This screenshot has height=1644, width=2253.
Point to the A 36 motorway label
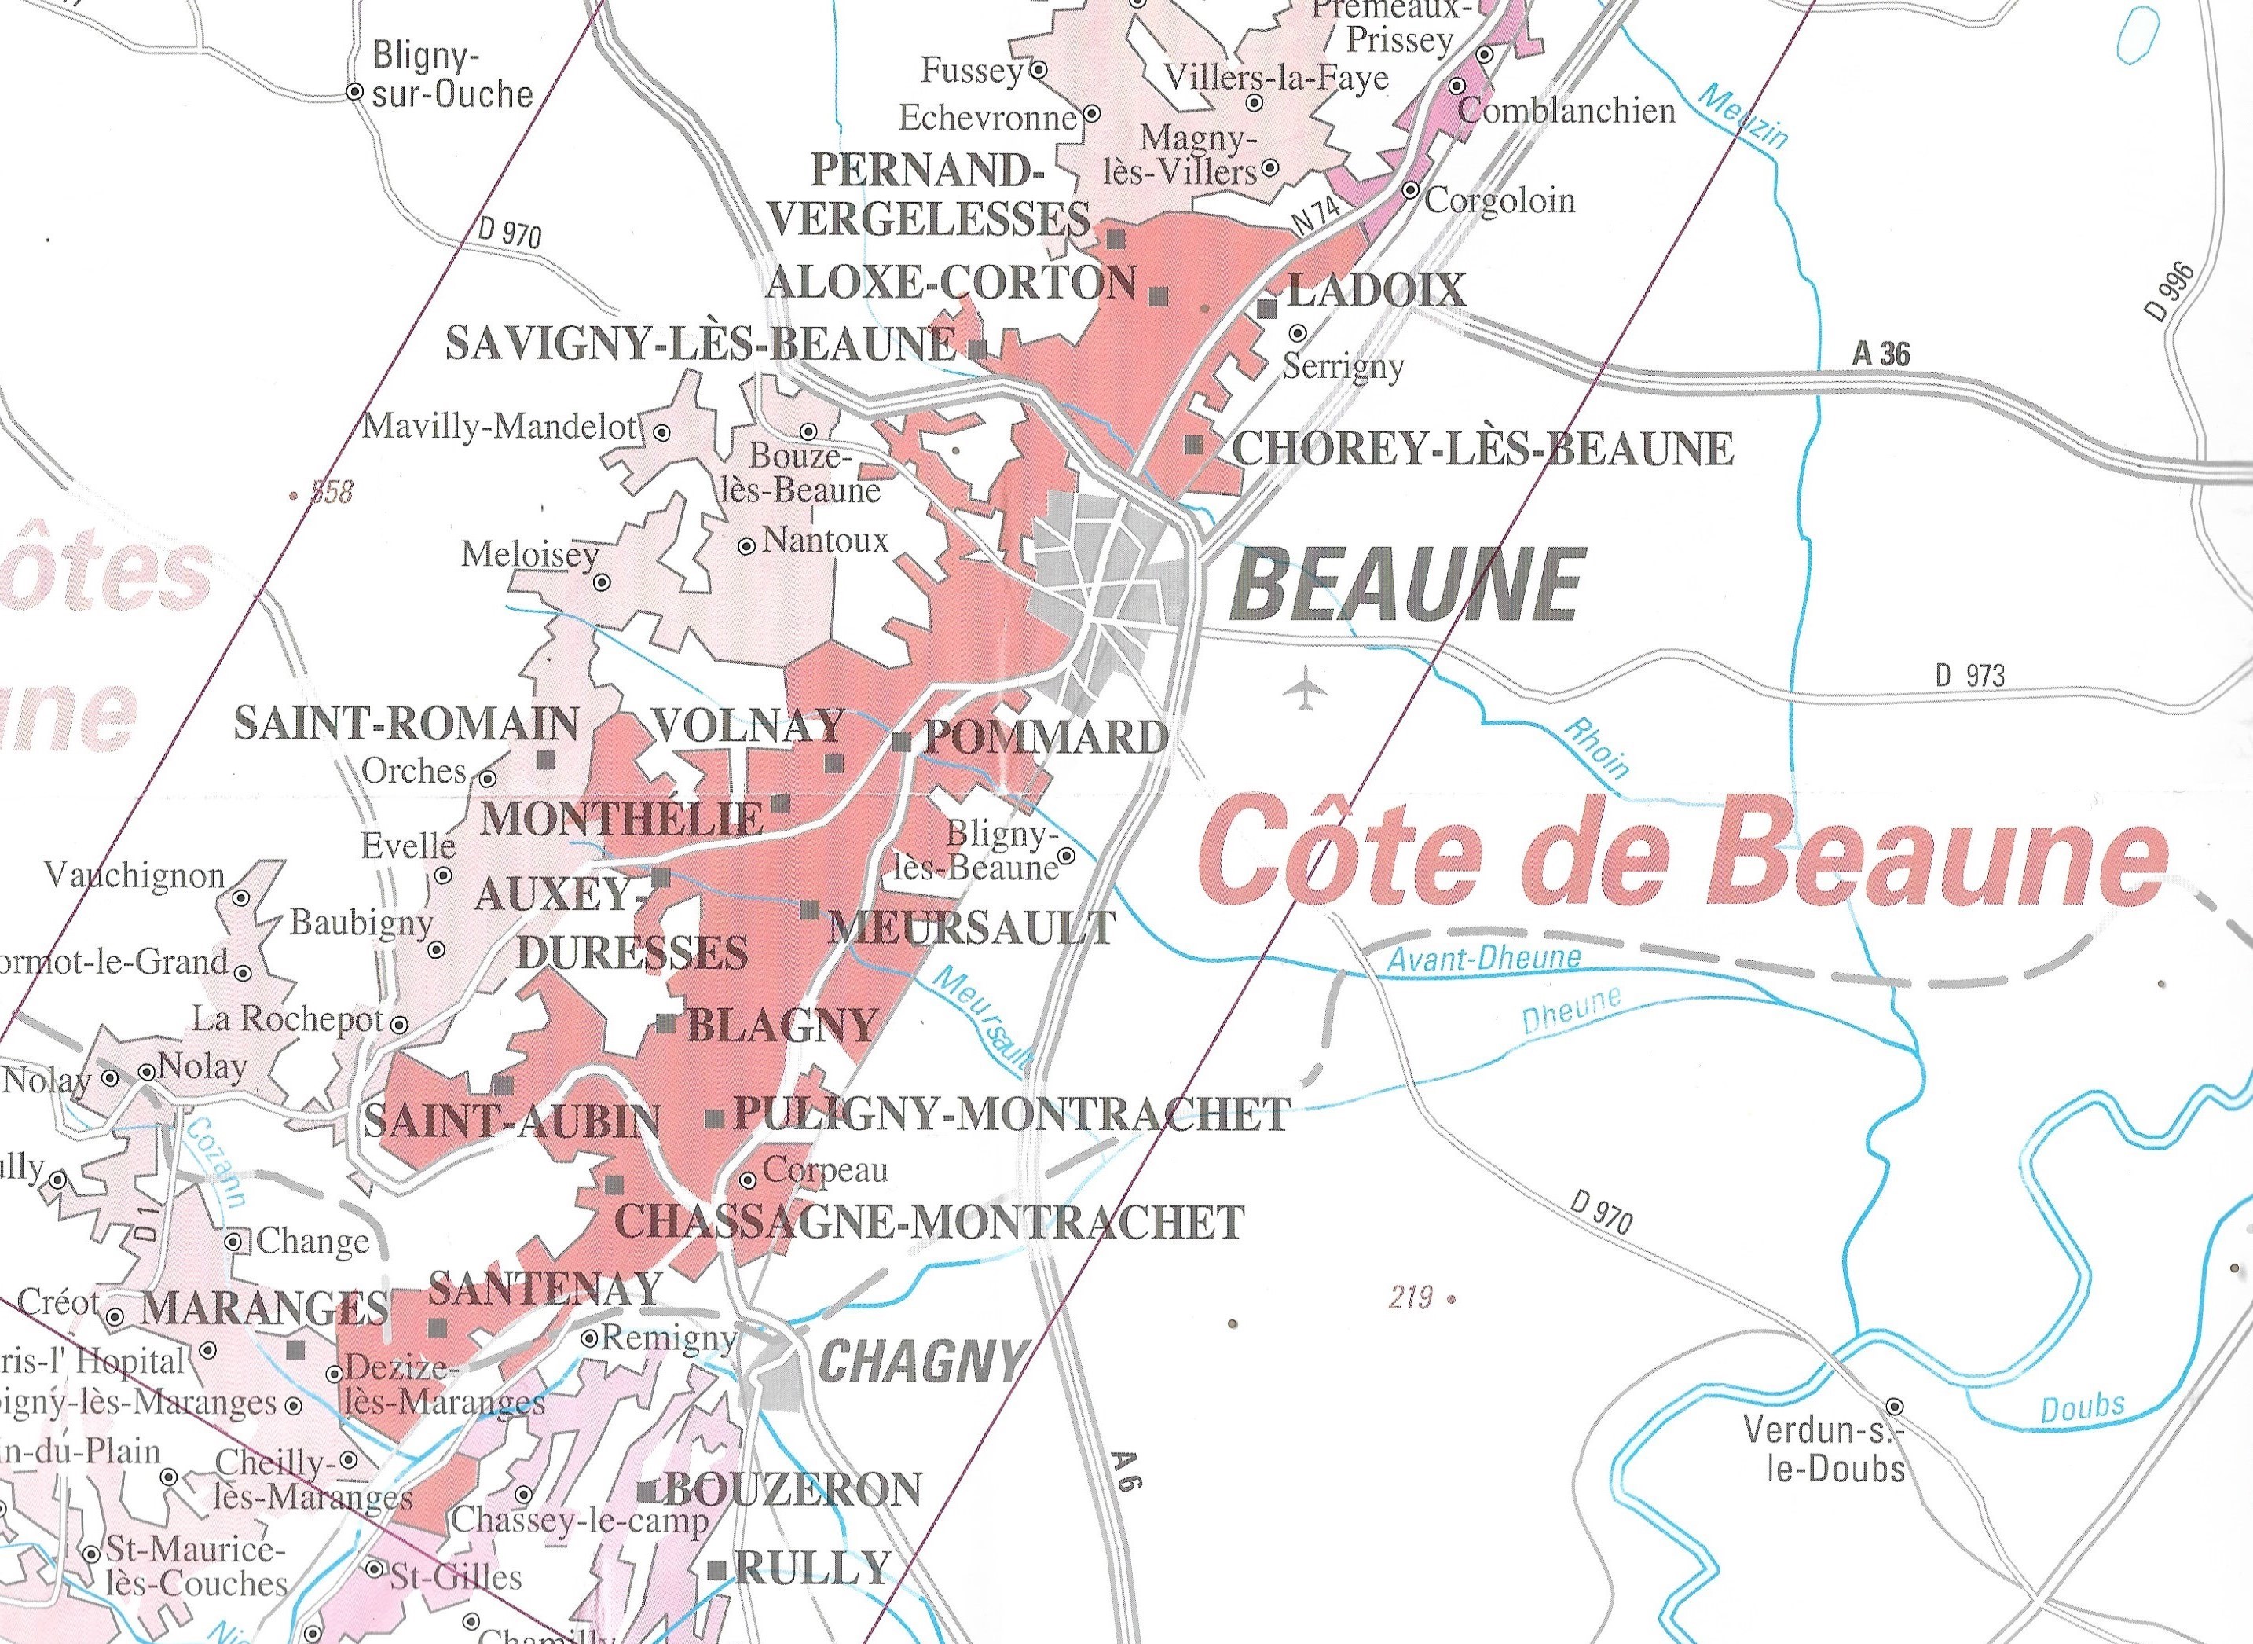click(1881, 354)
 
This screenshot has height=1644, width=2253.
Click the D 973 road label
click(1969, 676)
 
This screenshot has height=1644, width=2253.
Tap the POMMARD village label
click(1046, 737)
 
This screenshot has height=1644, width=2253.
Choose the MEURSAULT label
click(972, 927)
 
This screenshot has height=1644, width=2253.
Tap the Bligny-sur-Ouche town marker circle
click(354, 92)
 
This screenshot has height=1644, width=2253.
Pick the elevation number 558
click(332, 492)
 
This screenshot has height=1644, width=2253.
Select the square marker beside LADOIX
click(1266, 309)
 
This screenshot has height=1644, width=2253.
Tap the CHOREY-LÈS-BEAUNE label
click(1482, 449)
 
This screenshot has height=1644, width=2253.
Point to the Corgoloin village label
click(1500, 201)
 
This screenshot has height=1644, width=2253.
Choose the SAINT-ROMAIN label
click(406, 724)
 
